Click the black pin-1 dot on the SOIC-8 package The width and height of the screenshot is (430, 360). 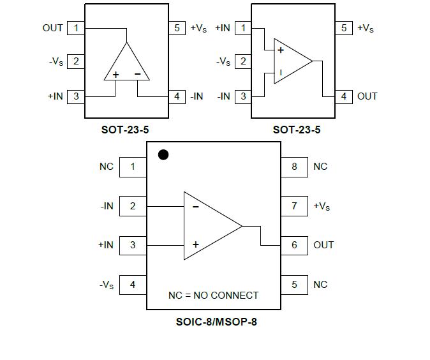pos(163,154)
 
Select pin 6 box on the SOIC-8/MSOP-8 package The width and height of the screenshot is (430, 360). pos(294,245)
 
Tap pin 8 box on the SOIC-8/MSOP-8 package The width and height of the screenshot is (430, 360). pos(294,167)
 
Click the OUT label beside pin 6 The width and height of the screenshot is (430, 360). pos(323,245)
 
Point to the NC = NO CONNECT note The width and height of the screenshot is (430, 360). pos(213,296)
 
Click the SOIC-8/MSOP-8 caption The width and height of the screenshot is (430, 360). pos(216,322)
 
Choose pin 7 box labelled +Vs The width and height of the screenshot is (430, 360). pos(294,206)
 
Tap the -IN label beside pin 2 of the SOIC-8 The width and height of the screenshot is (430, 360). pos(107,206)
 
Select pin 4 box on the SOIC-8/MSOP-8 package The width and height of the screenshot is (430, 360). pos(133,285)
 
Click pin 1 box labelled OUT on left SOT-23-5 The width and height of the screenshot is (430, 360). pos(76,28)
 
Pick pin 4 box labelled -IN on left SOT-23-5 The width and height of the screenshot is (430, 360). pos(177,96)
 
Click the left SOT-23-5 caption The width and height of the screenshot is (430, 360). pos(125,130)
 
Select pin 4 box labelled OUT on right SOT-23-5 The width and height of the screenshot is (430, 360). pos(344,96)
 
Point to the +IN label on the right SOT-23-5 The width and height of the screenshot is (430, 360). pos(223,28)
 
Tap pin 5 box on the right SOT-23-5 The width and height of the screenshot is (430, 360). pos(344,28)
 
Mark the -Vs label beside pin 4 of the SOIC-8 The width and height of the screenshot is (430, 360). pos(107,285)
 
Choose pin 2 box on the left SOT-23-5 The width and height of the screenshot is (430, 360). pos(76,62)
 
